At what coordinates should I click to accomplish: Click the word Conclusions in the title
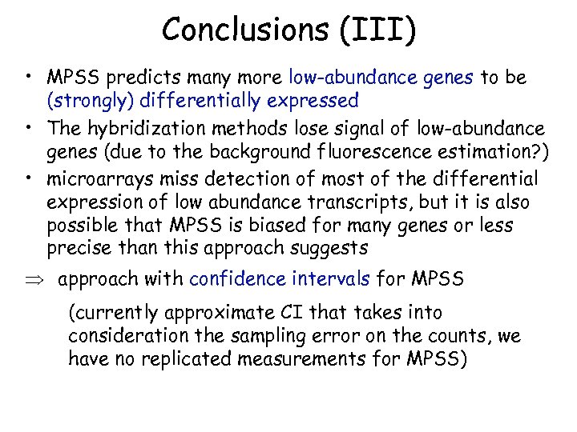click(x=240, y=30)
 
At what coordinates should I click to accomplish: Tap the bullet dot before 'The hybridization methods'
click(x=28, y=128)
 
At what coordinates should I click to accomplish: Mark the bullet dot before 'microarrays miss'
click(x=28, y=178)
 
